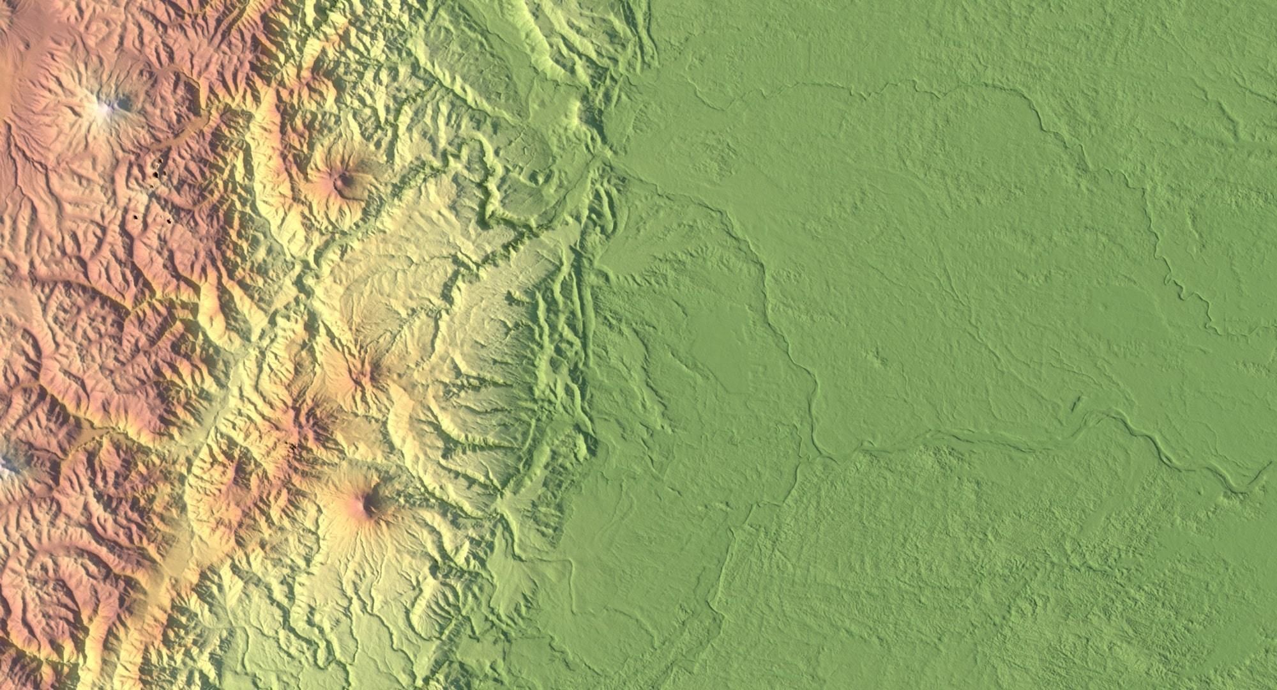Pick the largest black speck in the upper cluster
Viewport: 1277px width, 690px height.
tap(155, 169)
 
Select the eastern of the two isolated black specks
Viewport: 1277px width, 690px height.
tap(169, 222)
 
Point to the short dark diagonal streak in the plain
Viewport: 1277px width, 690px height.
tap(1077, 402)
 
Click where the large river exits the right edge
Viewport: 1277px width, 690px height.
tap(1271, 466)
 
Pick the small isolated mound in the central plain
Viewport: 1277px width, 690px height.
tap(881, 358)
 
